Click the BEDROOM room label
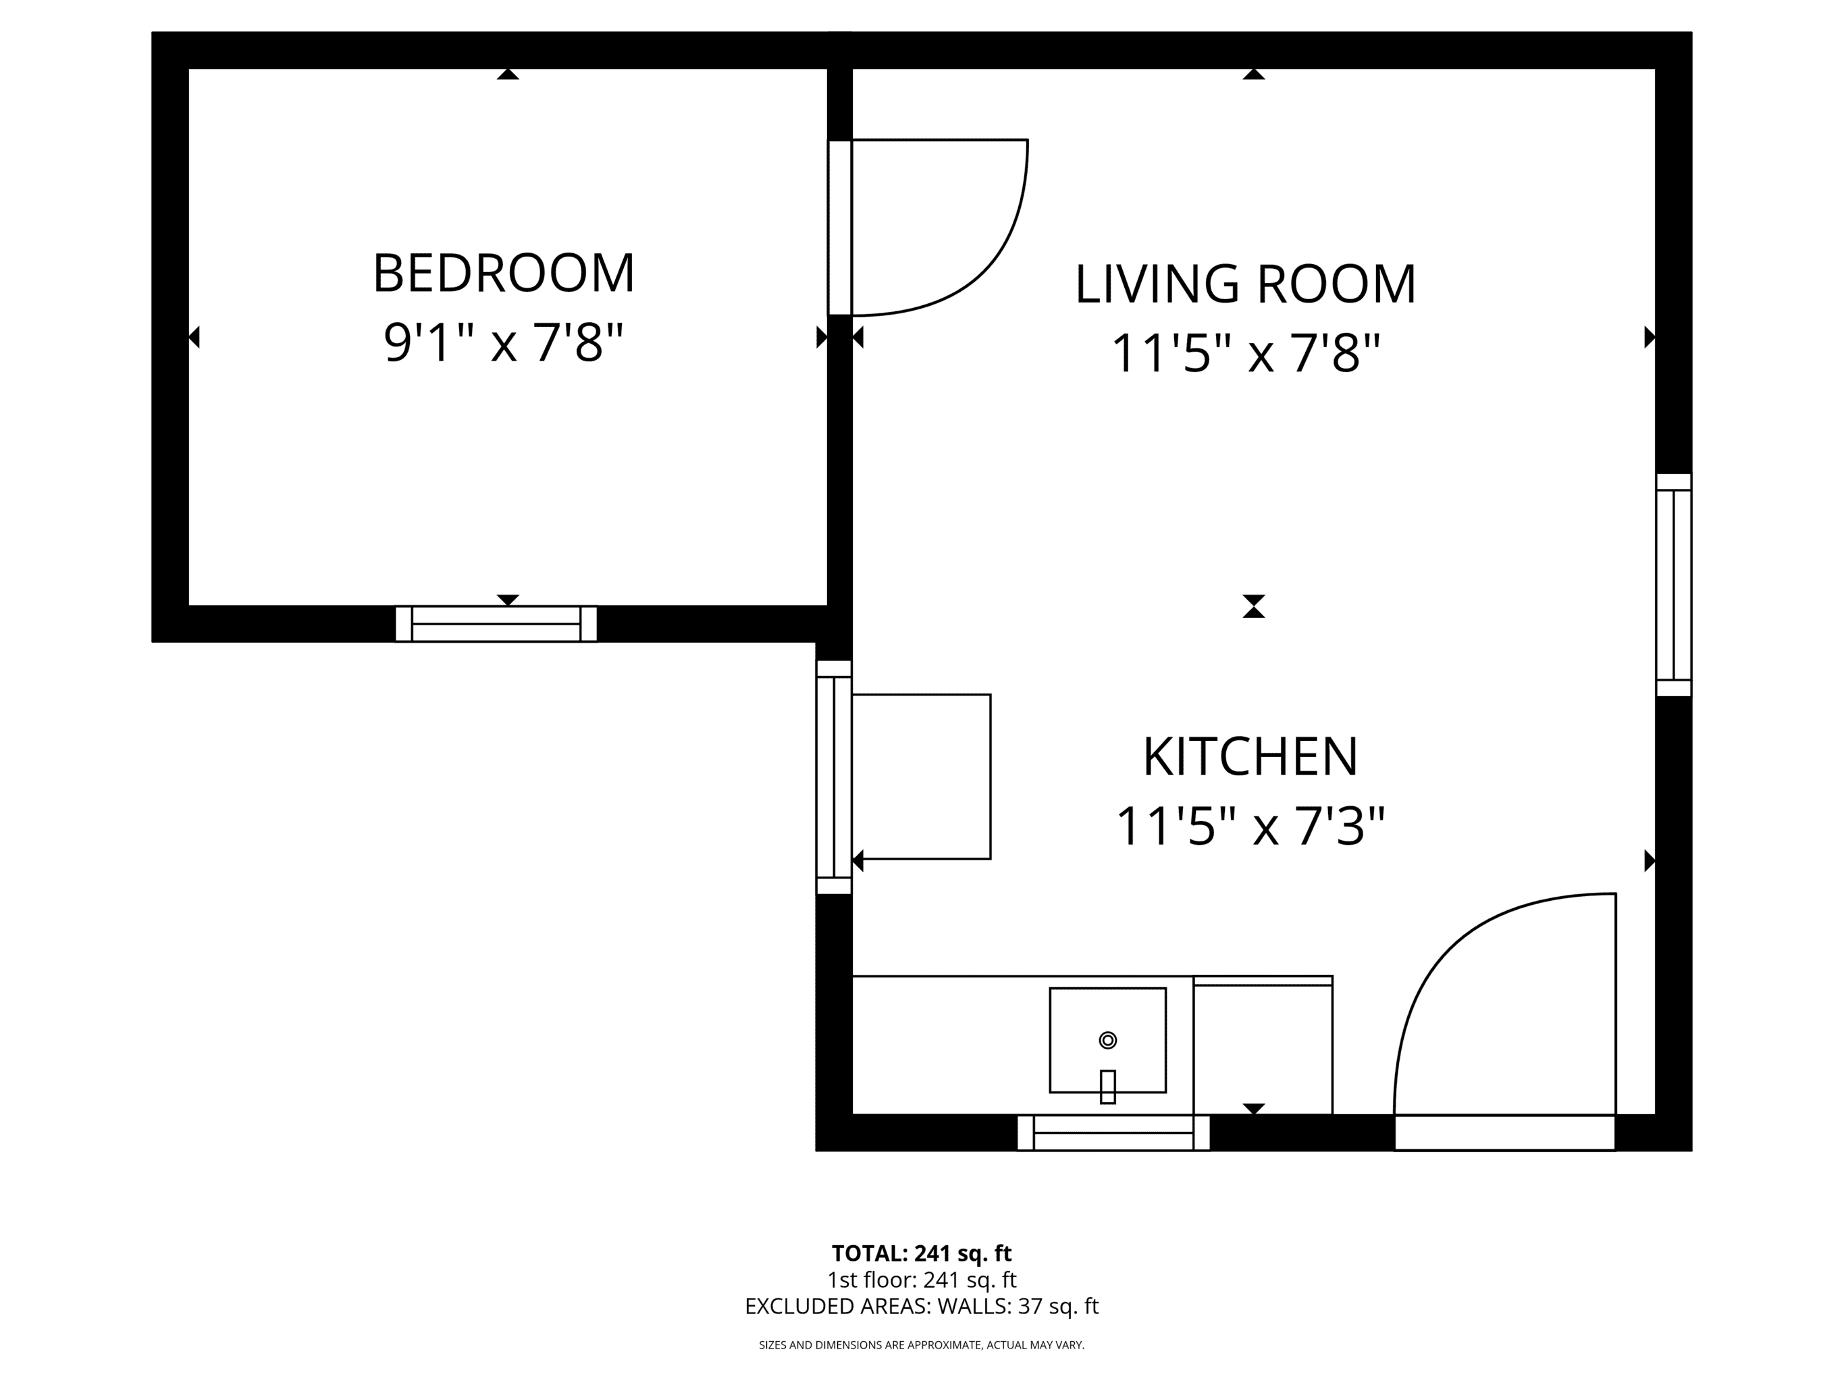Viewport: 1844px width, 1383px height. (x=504, y=273)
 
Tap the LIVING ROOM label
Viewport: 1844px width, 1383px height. (x=1246, y=284)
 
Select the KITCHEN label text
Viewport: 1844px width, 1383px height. (x=1250, y=757)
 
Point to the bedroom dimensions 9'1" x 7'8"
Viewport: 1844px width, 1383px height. (x=504, y=342)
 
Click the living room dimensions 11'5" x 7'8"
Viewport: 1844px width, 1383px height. (x=1246, y=353)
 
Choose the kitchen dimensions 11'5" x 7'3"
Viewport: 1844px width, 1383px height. (x=1250, y=826)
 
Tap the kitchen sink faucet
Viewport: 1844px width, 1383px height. (x=1108, y=1087)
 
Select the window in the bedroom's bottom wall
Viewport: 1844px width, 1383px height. (x=496, y=623)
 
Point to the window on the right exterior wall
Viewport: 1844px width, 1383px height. (x=1673, y=585)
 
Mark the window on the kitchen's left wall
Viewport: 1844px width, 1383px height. (x=834, y=778)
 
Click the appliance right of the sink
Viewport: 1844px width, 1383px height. (x=1263, y=1045)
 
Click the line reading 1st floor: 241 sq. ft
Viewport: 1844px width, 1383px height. (x=921, y=1280)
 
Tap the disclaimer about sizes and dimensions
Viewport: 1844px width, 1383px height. (x=921, y=1345)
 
